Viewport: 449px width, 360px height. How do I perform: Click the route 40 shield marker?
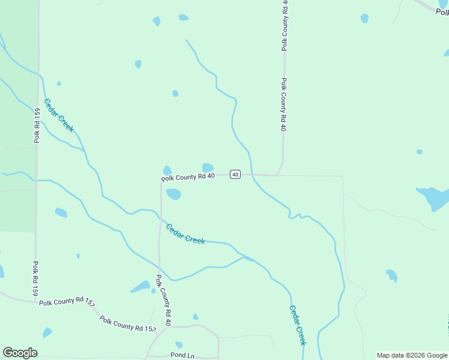click(235, 175)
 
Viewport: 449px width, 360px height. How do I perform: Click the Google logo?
click(20, 353)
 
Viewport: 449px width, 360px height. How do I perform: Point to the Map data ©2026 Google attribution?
click(412, 355)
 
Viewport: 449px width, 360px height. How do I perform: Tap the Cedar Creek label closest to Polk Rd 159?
click(59, 115)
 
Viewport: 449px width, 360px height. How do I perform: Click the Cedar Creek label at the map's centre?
click(185, 233)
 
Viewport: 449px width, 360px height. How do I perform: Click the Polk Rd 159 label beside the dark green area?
click(37, 125)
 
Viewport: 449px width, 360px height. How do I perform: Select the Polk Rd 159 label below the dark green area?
click(35, 278)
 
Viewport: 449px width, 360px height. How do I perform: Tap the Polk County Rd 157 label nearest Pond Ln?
click(128, 324)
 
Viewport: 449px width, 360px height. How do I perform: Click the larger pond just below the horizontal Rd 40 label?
click(173, 194)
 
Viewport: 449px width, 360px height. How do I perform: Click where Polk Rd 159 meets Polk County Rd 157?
click(35, 301)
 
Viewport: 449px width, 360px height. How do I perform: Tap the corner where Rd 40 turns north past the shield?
click(277, 175)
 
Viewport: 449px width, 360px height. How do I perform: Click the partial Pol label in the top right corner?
click(442, 11)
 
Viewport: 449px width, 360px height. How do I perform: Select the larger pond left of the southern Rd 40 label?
click(141, 286)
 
